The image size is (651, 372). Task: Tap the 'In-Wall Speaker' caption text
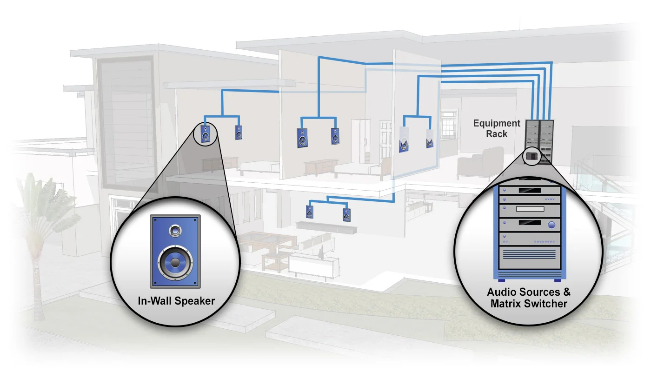(x=176, y=301)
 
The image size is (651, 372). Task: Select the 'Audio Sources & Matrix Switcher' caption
(x=529, y=298)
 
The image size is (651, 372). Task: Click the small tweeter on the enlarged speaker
(x=175, y=230)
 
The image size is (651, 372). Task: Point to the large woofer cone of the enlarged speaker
(x=174, y=263)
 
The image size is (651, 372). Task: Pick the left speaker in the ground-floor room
(x=310, y=212)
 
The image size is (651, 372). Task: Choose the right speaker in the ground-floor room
(x=346, y=214)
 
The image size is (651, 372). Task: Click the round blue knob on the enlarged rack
(x=552, y=225)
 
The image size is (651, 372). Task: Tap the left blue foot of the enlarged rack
(x=502, y=280)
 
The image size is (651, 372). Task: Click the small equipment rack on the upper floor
(x=539, y=139)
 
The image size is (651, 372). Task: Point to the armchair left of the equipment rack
(x=479, y=163)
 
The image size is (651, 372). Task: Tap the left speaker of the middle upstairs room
(x=302, y=137)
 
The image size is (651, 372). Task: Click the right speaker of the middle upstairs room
(x=335, y=136)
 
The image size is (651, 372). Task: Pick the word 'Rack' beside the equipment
(x=497, y=134)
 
